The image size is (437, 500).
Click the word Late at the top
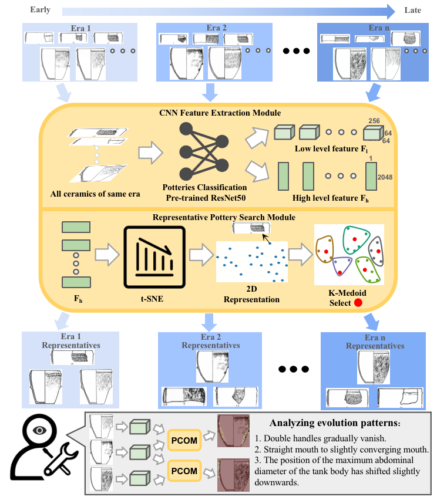(413, 10)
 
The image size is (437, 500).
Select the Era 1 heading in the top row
(79, 28)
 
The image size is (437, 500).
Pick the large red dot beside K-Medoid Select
(358, 302)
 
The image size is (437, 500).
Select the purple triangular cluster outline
(342, 268)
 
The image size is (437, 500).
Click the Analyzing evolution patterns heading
(318, 423)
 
